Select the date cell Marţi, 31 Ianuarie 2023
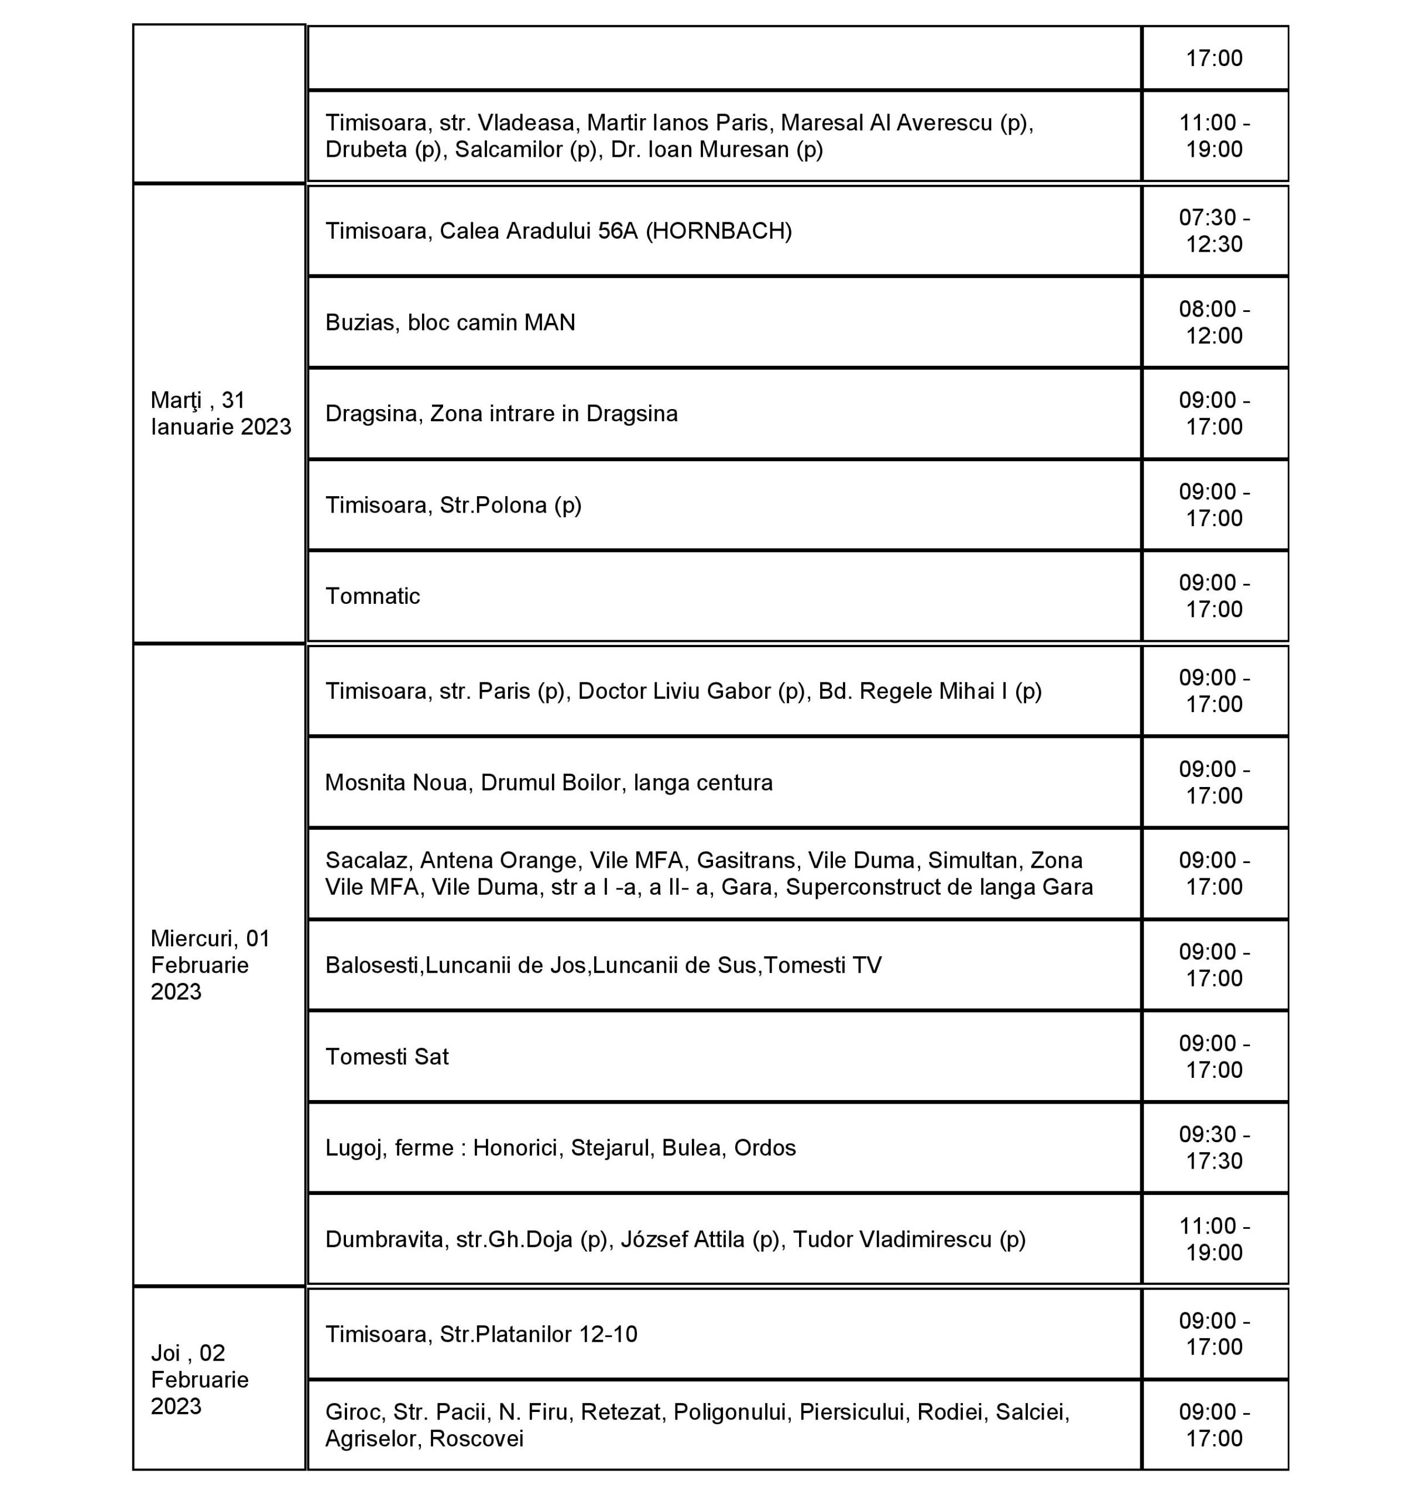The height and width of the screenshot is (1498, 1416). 221,414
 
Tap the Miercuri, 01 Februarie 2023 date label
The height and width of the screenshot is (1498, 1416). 210,964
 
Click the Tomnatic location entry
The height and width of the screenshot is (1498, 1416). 372,596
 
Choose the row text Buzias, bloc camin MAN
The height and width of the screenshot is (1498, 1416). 450,322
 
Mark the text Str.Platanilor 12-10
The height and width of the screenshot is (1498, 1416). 538,1334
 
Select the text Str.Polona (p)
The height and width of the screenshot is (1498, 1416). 510,505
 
